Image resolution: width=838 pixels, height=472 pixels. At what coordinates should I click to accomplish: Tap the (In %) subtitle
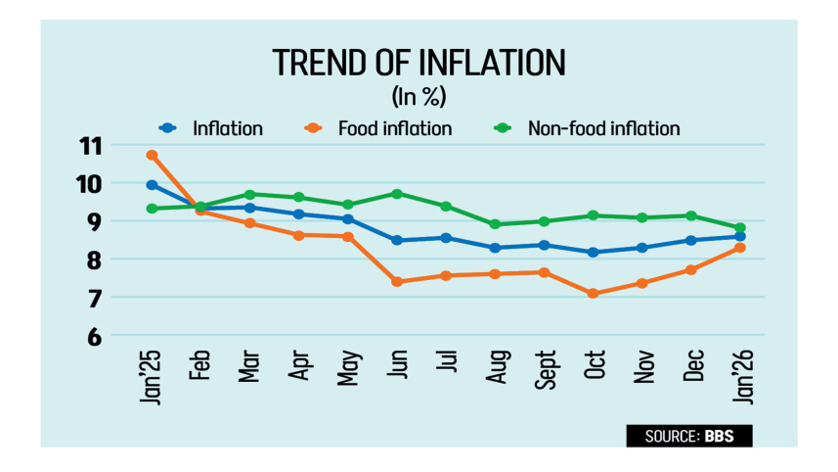click(x=419, y=97)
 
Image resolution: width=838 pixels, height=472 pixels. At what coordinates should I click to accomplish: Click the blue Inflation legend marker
click(x=167, y=128)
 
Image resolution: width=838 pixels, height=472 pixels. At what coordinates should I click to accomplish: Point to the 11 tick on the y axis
click(x=90, y=147)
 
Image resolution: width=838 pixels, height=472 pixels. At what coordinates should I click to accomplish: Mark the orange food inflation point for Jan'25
click(x=152, y=155)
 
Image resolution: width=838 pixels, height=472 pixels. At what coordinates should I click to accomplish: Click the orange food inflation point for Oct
click(x=594, y=293)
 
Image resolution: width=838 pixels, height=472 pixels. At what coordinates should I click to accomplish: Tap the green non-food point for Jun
click(x=397, y=194)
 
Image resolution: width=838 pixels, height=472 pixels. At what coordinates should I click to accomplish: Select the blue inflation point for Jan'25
click(x=152, y=185)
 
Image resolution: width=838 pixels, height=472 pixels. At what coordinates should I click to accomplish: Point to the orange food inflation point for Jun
click(x=397, y=282)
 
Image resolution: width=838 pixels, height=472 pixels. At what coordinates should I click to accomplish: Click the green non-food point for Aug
click(x=496, y=224)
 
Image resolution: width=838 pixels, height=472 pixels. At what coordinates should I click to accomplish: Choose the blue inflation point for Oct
click(x=594, y=253)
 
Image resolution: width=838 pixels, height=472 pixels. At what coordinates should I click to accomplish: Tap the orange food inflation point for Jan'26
click(x=740, y=248)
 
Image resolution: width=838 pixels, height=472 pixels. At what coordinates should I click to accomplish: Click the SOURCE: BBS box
click(x=689, y=435)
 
